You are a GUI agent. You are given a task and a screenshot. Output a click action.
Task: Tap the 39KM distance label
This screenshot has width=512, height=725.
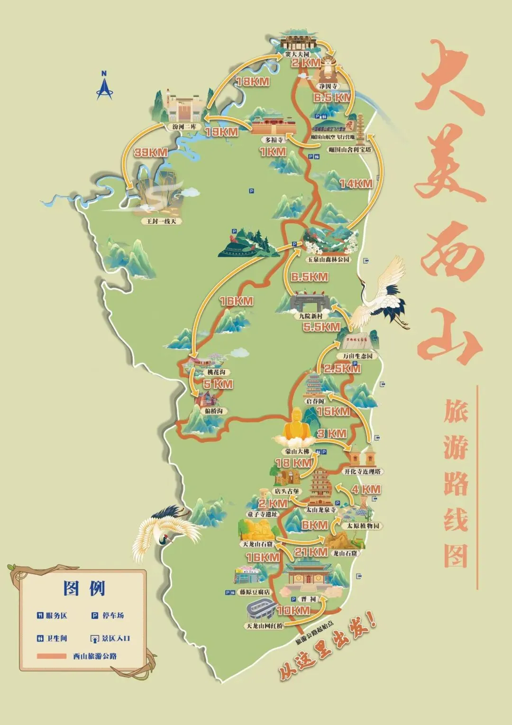pyautogui.click(x=151, y=153)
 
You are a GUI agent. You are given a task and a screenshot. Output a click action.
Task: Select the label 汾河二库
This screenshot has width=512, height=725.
pyautogui.click(x=184, y=127)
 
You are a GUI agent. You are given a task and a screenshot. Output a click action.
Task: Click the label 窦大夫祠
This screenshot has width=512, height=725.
pyautogui.click(x=297, y=55)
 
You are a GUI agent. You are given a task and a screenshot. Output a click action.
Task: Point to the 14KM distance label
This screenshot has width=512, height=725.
pyautogui.click(x=356, y=184)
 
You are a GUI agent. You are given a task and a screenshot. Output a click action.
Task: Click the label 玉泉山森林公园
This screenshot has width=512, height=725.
pyautogui.click(x=328, y=259)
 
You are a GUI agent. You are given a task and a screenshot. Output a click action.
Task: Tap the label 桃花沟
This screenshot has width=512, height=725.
pyautogui.click(x=216, y=372)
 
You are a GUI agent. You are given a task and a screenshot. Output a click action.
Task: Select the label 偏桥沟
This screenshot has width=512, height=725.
pyautogui.click(x=213, y=411)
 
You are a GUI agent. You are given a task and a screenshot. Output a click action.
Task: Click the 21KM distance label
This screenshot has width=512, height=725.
pyautogui.click(x=311, y=552)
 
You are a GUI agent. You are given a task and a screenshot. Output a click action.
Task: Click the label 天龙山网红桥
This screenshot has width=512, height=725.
pyautogui.click(x=264, y=626)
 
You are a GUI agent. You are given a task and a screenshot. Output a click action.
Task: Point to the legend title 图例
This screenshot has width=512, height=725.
pyautogui.click(x=84, y=588)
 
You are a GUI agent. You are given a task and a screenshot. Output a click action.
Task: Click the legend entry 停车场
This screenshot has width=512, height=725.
pyautogui.click(x=113, y=615)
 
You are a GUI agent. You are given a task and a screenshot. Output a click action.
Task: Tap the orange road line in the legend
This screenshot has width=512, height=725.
pyautogui.click(x=51, y=656)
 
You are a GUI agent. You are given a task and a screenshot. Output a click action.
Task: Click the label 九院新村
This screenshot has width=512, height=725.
pyautogui.click(x=311, y=316)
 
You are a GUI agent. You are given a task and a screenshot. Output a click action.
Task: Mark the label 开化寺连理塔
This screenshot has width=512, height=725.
pyautogui.click(x=362, y=471)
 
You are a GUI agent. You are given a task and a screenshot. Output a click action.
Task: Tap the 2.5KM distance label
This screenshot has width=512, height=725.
pyautogui.click(x=342, y=368)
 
